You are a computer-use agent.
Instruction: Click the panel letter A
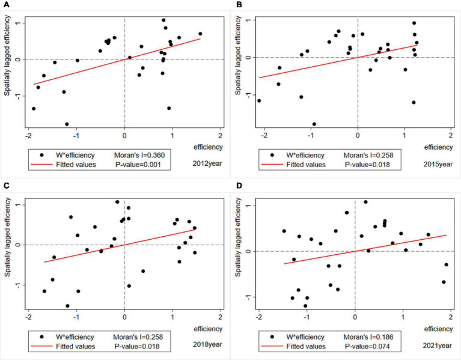pos(5,4)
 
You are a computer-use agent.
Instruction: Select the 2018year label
pos(209,347)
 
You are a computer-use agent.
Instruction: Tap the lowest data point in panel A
pos(67,124)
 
